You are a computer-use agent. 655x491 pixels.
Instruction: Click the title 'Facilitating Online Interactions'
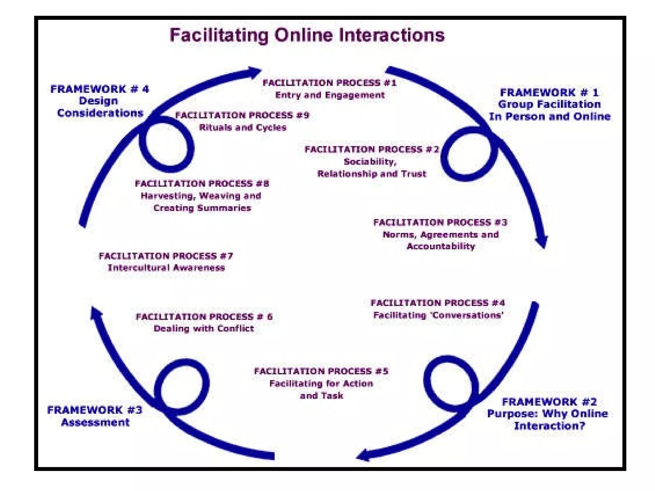[307, 35]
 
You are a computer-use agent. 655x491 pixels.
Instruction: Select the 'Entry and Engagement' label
[330, 95]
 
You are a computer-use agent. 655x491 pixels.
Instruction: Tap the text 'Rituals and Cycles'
[243, 128]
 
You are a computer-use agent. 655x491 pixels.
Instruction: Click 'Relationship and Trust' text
[372, 174]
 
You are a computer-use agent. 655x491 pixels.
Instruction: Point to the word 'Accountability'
[441, 246]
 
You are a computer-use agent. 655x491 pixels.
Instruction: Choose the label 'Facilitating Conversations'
[438, 316]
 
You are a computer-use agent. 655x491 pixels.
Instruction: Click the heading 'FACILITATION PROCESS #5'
[321, 371]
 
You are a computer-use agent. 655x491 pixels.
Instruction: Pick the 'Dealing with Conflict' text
[204, 329]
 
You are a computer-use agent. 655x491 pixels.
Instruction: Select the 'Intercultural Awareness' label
[166, 268]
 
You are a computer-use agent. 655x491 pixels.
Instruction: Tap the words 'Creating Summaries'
[202, 208]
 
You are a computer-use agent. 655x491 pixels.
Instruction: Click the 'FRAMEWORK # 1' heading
[549, 93]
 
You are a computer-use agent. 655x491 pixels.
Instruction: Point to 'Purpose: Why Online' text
[547, 414]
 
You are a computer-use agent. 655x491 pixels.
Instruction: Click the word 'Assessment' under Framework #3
[95, 423]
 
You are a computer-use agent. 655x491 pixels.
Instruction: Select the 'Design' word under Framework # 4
[99, 101]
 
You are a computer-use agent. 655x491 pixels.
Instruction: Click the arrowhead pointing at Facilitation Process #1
[254, 72]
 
